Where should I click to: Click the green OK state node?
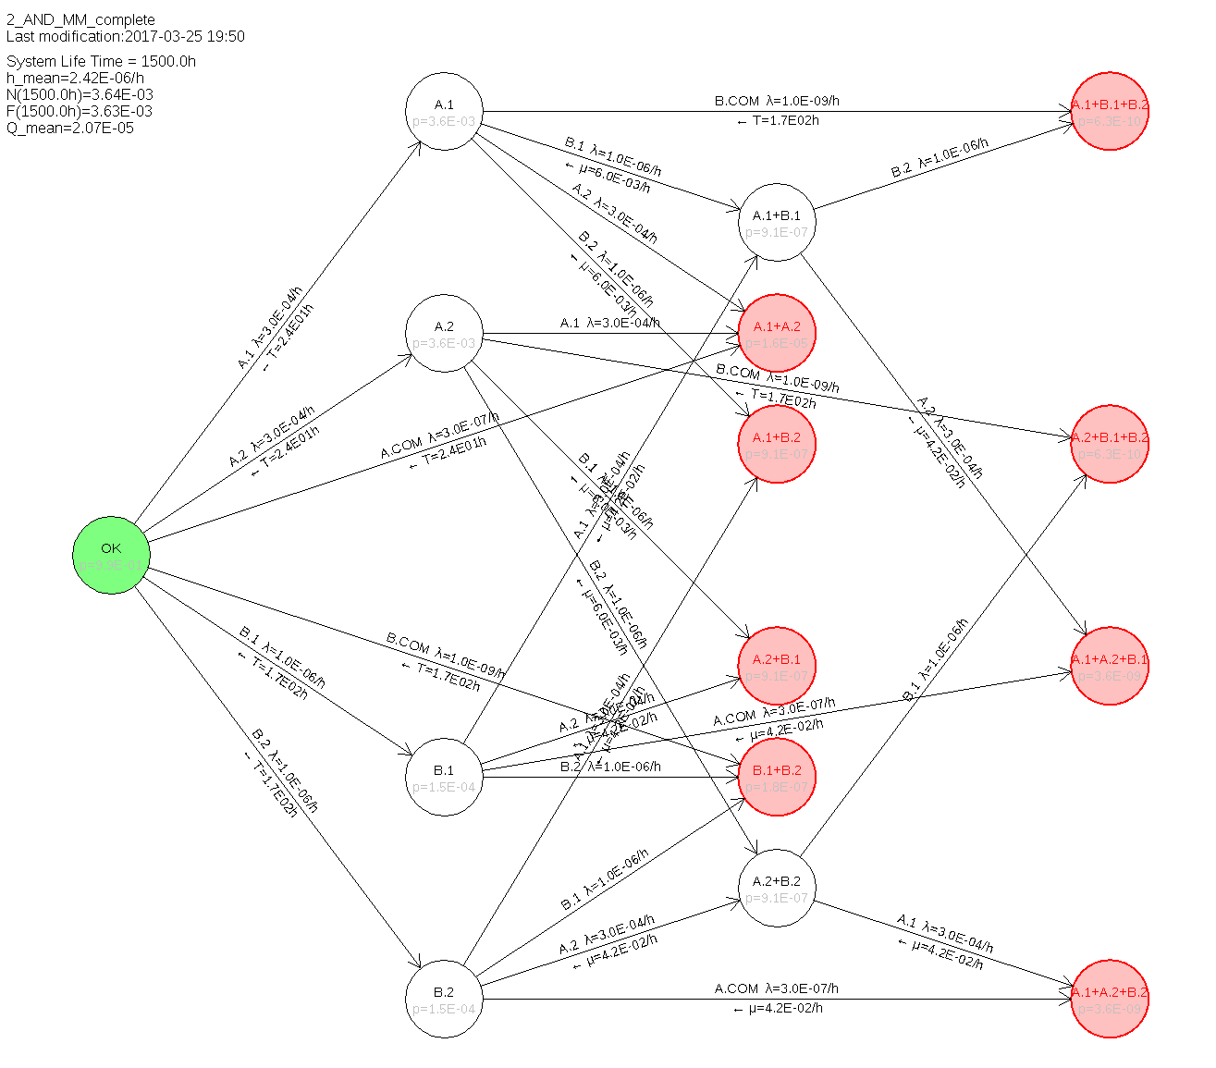(111, 555)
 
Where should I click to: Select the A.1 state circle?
(444, 112)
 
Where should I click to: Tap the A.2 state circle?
(444, 334)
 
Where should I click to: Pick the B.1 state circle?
(444, 778)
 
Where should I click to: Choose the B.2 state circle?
(444, 1000)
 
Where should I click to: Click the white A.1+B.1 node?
(777, 223)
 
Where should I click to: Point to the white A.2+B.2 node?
(777, 889)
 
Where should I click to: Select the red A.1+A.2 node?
(777, 334)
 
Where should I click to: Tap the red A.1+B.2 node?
(777, 445)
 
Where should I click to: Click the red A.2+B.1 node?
(777, 667)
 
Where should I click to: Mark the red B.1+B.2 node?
(777, 778)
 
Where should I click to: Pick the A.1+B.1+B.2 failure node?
(1110, 112)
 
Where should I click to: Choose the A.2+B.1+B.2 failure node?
(1110, 445)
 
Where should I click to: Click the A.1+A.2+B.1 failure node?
(1110, 667)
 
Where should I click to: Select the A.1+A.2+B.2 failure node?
(1110, 1000)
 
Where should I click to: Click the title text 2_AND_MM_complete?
(80, 19)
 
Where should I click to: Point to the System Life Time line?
(101, 61)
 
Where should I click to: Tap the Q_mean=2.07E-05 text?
(70, 128)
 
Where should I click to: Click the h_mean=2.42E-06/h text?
(75, 78)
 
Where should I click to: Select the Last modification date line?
(125, 36)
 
